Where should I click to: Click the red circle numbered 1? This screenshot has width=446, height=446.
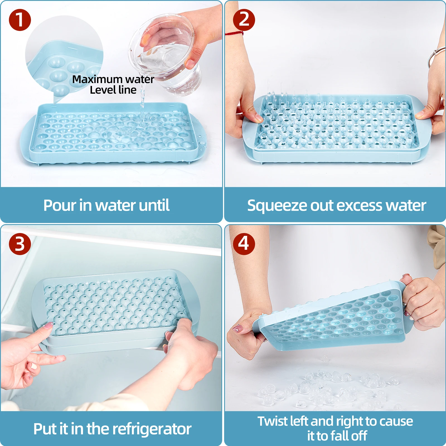(x=20, y=20)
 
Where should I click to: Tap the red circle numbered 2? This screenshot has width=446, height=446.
(x=244, y=20)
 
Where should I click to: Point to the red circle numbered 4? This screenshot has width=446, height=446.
(x=244, y=244)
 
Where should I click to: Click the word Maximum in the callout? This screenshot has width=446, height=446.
(x=98, y=80)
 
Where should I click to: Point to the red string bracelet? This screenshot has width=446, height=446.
(x=234, y=34)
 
